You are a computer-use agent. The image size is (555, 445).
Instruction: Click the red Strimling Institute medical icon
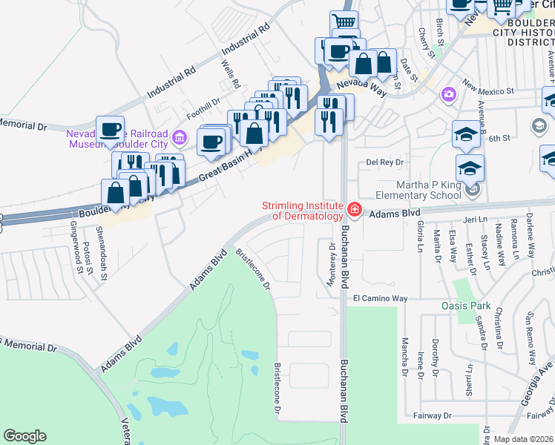pos(354,211)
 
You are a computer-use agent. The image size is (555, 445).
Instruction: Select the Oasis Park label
pos(466,305)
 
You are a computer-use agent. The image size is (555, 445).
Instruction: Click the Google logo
pos(24,436)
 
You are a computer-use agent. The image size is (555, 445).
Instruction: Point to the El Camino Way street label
pos(380,298)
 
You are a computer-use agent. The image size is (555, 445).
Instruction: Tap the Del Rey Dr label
pos(384,162)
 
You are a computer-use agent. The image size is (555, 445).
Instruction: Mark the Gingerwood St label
pos(74,237)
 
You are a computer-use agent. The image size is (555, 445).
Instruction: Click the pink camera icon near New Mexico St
pos(447,94)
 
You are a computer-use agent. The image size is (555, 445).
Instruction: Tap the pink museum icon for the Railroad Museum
pos(179,137)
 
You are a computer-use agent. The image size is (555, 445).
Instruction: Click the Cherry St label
pos(423,42)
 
